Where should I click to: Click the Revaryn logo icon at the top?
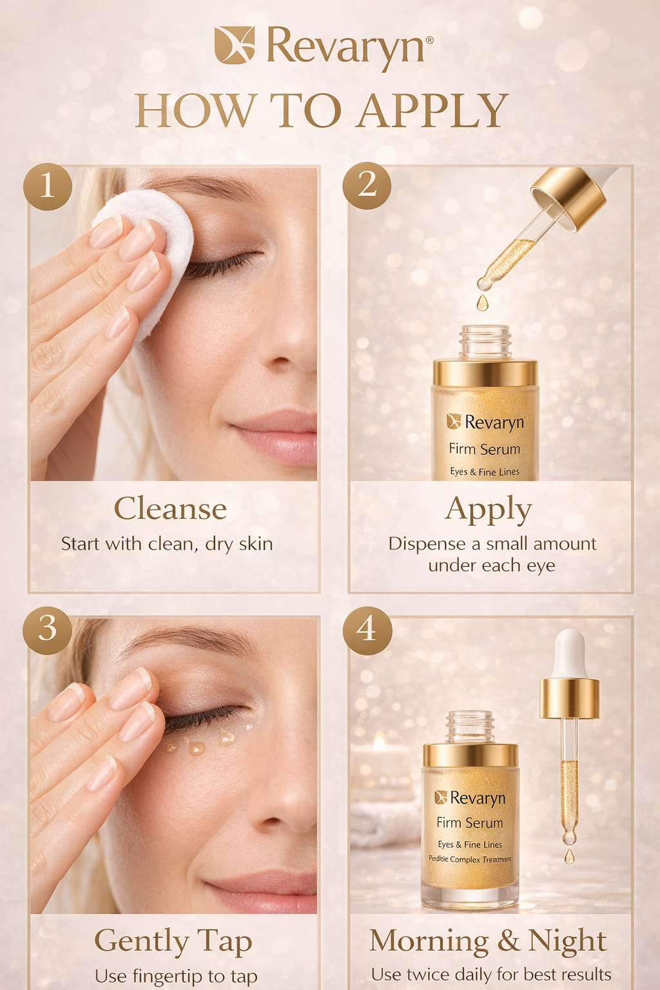click(x=235, y=44)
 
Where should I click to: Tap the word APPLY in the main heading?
click(x=432, y=111)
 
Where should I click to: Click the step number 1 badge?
click(x=47, y=186)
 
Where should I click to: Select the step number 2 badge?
click(x=367, y=186)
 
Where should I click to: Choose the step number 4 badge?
click(x=367, y=630)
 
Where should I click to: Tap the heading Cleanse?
click(x=170, y=509)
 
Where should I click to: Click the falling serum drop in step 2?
click(x=482, y=302)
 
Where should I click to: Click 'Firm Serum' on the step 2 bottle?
click(x=485, y=449)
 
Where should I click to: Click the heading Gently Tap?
click(x=173, y=941)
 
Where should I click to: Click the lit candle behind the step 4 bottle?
click(x=380, y=748)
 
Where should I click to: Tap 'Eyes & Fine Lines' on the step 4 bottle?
click(x=470, y=844)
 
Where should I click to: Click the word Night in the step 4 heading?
click(x=567, y=941)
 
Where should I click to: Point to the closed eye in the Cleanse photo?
click(x=222, y=264)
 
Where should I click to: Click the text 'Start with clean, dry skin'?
click(x=167, y=544)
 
